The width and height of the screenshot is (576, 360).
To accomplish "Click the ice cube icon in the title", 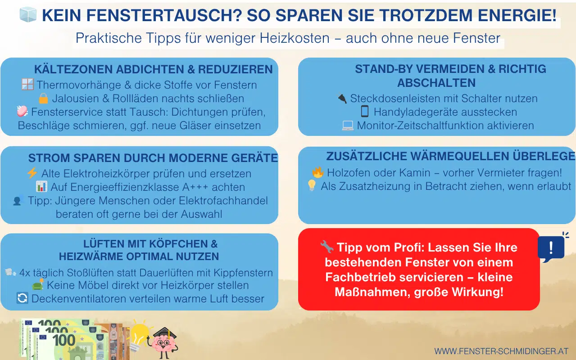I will pyautogui.click(x=27, y=15).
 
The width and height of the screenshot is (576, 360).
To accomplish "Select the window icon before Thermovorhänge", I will pyautogui.click(x=27, y=84).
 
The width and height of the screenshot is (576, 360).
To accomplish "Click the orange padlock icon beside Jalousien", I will pyautogui.click(x=43, y=98).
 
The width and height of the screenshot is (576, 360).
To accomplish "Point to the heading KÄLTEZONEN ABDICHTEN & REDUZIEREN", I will pyautogui.click(x=153, y=70).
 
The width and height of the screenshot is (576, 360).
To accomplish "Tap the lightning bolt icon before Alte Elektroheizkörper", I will pyautogui.click(x=32, y=173).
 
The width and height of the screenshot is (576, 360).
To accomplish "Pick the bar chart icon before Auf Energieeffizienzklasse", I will pyautogui.click(x=41, y=186).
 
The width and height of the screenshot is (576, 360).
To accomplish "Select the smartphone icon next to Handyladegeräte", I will pyautogui.click(x=365, y=112).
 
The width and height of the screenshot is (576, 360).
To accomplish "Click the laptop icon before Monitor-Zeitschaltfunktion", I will pyautogui.click(x=348, y=126).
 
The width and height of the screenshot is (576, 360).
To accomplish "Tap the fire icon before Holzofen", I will pyautogui.click(x=318, y=172).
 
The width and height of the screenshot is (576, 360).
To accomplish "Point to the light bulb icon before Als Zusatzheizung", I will pyautogui.click(x=312, y=186).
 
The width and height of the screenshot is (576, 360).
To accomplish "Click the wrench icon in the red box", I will pyautogui.click(x=327, y=247).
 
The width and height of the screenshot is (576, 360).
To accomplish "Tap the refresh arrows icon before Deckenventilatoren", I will pyautogui.click(x=22, y=299).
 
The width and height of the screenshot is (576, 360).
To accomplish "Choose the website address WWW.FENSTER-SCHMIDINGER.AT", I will pyautogui.click(x=501, y=351).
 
